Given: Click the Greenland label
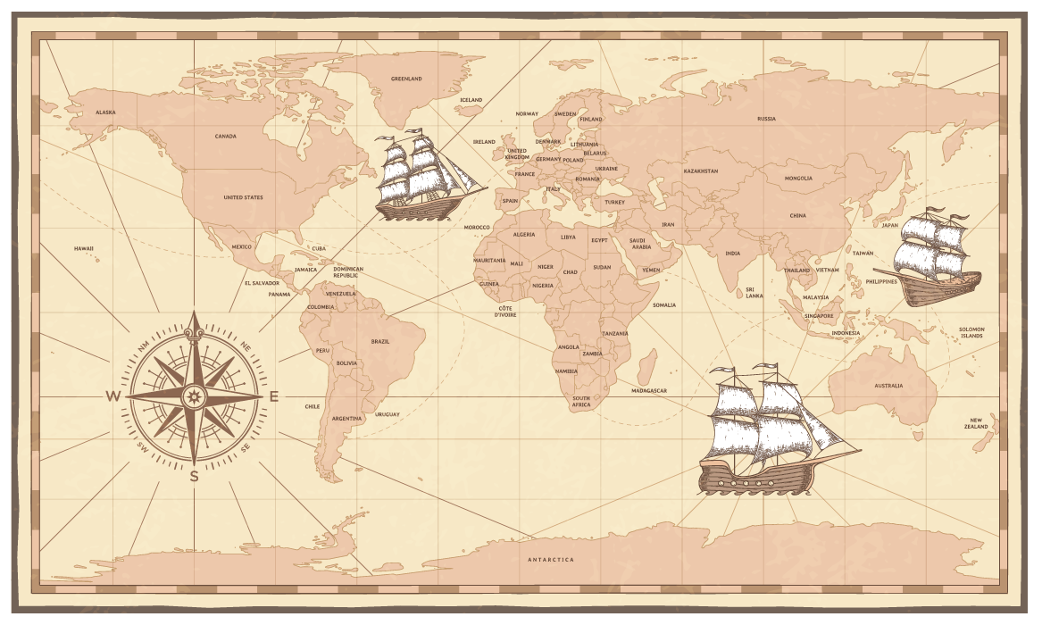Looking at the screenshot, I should [x=406, y=79].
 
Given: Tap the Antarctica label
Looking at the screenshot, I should [x=551, y=560].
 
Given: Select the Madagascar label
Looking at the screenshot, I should [x=649, y=391].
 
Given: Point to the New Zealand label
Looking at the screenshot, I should [x=977, y=423].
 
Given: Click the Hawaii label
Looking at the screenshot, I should [x=84, y=248].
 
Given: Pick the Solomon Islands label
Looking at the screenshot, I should [x=971, y=332].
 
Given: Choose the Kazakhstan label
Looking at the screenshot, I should [x=701, y=171].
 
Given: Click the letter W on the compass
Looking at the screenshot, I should [x=113, y=396].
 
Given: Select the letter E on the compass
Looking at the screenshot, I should [x=274, y=396].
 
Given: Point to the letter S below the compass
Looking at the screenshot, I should [x=194, y=477].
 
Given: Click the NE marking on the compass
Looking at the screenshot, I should [x=246, y=345].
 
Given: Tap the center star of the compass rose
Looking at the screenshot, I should [x=194, y=396].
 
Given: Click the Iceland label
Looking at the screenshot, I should [x=471, y=100].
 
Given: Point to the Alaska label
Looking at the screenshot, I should [x=105, y=112].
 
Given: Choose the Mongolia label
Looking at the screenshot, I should [x=798, y=178].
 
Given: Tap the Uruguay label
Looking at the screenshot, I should [x=388, y=414].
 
